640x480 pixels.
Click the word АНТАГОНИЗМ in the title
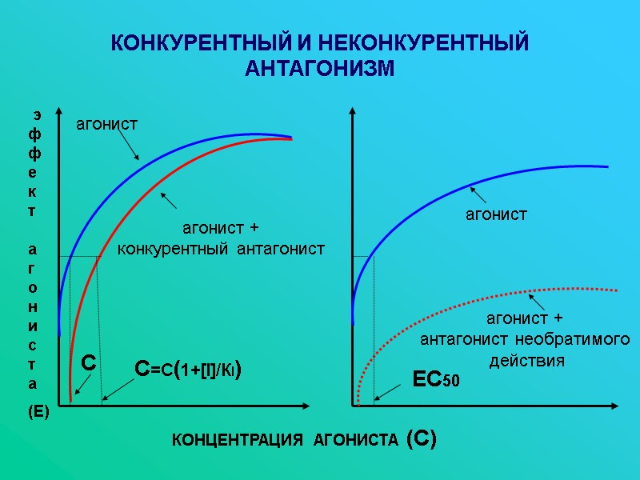coord(320,69)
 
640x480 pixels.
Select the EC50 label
coord(435,380)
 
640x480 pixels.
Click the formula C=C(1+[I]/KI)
coord(189,370)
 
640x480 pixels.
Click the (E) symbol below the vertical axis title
coord(38,413)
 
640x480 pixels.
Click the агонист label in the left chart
coord(106,124)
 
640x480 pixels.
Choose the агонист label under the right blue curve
coord(497,214)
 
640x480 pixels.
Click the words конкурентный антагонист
coord(222,250)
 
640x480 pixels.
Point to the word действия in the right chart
coord(526,361)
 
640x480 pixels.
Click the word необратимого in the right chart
coord(572,341)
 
